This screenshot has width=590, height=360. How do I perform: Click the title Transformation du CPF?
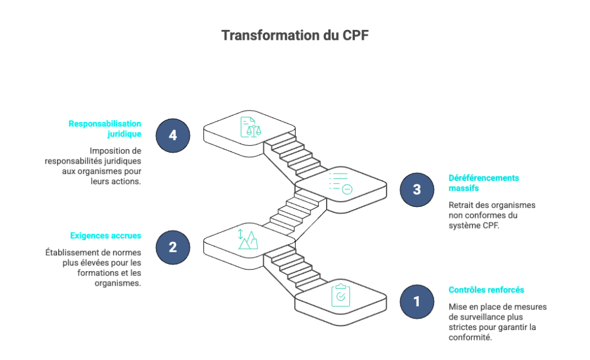[294, 35]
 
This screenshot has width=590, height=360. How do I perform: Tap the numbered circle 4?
[173, 135]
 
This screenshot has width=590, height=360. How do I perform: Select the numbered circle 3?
[417, 190]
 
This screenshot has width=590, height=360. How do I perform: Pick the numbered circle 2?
[173, 247]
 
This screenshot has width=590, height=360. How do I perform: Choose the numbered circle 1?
[417, 302]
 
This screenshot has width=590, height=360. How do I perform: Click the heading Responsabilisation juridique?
[105, 128]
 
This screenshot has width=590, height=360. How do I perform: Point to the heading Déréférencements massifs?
[483, 183]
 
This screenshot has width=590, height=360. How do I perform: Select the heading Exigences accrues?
[106, 236]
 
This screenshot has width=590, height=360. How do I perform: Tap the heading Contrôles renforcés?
[486, 290]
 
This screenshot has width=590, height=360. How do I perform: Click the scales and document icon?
[251, 127]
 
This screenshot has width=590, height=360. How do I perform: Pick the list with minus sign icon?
[341, 183]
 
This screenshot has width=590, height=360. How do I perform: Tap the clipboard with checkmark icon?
[341, 295]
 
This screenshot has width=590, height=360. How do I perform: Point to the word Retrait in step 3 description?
[460, 205]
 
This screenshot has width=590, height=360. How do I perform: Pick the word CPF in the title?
[355, 35]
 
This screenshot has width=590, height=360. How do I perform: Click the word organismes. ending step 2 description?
[118, 283]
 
